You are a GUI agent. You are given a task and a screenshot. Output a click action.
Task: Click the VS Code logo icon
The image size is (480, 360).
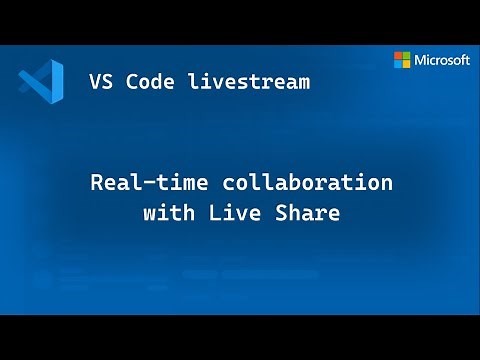pos(41,81)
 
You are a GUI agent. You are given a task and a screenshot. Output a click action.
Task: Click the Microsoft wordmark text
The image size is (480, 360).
pos(442,60)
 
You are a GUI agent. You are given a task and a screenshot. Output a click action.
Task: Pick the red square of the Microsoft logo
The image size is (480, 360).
pos(398,55)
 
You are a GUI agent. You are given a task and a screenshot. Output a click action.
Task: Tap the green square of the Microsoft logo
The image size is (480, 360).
pos(407,55)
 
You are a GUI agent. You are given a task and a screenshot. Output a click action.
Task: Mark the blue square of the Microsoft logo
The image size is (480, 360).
pos(398,64)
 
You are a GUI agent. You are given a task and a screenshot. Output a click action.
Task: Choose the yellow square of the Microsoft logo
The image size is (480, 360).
pos(407,64)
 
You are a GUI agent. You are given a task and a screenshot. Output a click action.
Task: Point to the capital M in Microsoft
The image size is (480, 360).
pos(421,60)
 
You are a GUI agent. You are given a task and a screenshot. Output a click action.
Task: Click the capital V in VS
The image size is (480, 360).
pos(95,82)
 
